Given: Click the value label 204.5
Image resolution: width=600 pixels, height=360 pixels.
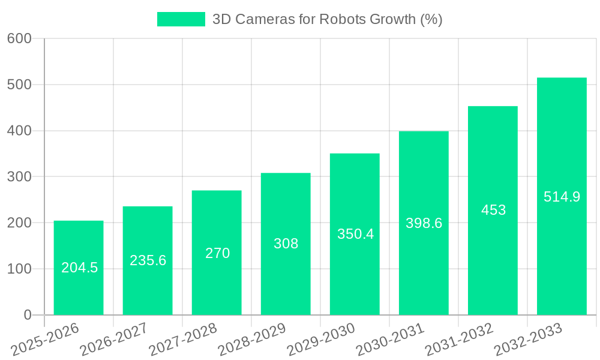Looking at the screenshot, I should click(79, 268).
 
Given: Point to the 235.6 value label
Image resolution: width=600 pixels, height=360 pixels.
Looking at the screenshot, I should click(148, 260).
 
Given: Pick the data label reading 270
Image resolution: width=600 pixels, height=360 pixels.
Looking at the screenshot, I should click(217, 253).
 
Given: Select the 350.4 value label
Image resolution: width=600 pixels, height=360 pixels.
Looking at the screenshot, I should click(355, 234).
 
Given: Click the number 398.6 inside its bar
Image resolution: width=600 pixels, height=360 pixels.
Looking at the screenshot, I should click(424, 223).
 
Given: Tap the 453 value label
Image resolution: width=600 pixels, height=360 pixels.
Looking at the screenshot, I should click(493, 210).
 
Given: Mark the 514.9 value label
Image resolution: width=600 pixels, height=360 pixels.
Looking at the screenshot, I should click(562, 197).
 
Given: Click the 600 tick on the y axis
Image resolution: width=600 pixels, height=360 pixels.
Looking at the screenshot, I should click(19, 38).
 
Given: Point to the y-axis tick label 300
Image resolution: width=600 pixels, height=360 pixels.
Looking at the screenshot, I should click(19, 176).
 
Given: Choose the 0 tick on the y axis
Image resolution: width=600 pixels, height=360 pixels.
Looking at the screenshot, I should click(27, 315).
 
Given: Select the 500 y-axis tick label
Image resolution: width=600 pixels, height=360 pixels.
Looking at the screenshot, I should click(19, 85).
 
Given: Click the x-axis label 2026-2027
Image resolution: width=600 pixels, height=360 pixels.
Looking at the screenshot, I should click(114, 339).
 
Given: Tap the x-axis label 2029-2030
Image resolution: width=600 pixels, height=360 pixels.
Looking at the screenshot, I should click(321, 339).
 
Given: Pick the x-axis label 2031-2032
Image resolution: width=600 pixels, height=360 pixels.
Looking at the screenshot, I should click(459, 339).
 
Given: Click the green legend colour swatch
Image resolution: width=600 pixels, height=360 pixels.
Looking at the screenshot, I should click(181, 19).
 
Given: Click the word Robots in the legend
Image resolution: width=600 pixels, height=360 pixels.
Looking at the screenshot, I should click(341, 19).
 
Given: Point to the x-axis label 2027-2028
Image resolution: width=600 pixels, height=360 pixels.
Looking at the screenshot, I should click(183, 339).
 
